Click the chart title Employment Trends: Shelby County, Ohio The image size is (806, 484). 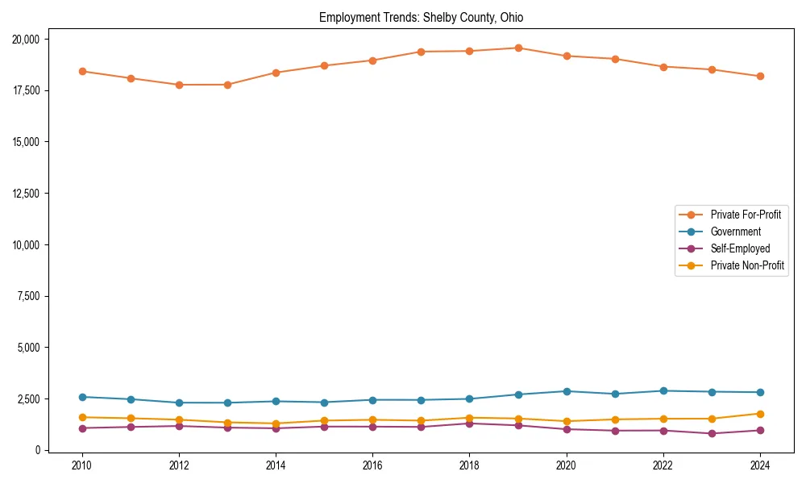click(421, 17)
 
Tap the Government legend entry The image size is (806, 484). click(735, 232)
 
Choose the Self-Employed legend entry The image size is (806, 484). click(740, 248)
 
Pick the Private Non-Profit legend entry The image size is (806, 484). click(747, 265)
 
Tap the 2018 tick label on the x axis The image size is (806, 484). click(469, 465)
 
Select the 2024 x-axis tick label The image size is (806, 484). click(759, 465)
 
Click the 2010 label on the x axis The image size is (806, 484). click(81, 465)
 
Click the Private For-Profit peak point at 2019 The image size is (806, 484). click(517, 48)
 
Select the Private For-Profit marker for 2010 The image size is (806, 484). click(81, 71)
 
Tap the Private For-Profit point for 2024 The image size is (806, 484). click(759, 76)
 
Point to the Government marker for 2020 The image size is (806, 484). click(566, 391)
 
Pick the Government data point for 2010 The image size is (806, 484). click(81, 397)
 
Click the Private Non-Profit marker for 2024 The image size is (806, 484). click(759, 414)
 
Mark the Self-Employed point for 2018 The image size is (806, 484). click(469, 423)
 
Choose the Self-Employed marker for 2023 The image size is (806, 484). click(711, 433)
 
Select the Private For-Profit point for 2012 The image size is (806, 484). click(179, 85)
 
